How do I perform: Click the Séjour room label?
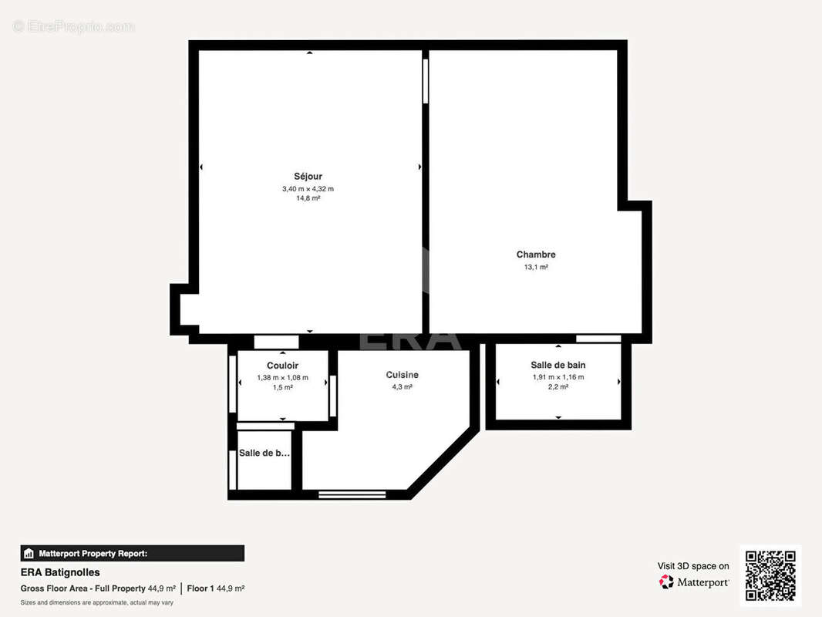[308, 177]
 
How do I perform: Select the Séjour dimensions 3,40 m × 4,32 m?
[308, 188]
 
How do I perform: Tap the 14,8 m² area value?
[308, 198]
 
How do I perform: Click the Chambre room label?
[536, 255]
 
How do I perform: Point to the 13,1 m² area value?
[536, 268]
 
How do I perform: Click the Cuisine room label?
[403, 375]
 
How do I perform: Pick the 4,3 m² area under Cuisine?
[403, 387]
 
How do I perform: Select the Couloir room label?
[282, 366]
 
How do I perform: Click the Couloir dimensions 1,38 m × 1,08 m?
[282, 377]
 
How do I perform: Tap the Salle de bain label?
[558, 365]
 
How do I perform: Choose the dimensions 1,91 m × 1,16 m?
[558, 377]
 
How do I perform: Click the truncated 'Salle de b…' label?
[264, 453]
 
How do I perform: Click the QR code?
[770, 575]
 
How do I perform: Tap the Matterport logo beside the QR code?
[693, 582]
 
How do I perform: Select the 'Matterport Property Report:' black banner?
[132, 553]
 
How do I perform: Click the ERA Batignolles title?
[60, 572]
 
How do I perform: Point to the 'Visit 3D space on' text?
[692, 566]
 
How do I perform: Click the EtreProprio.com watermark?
[74, 27]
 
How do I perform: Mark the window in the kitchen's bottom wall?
[352, 494]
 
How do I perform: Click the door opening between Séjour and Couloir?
[276, 342]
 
